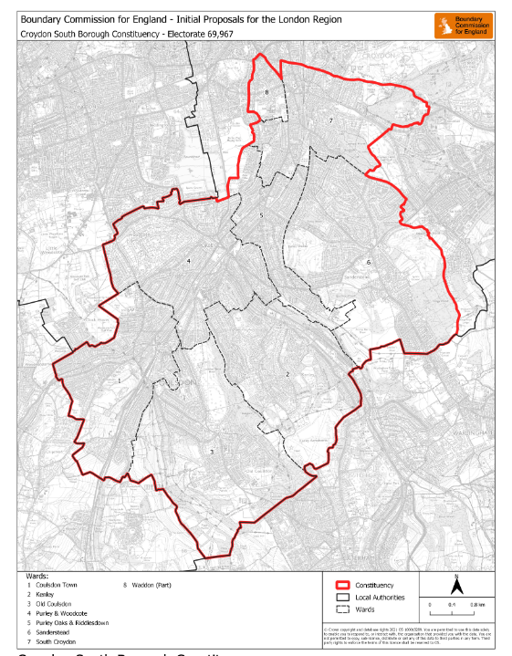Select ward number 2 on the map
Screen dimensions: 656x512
pyautogui.click(x=287, y=374)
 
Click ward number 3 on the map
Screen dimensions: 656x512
pyautogui.click(x=211, y=452)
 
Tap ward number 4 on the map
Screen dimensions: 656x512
pyautogui.click(x=188, y=261)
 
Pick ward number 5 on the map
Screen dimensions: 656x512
pyautogui.click(x=261, y=215)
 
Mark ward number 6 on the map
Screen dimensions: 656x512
pyautogui.click(x=369, y=262)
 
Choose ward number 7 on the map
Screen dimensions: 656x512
pyautogui.click(x=330, y=120)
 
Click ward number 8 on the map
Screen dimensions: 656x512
pyautogui.click(x=266, y=93)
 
